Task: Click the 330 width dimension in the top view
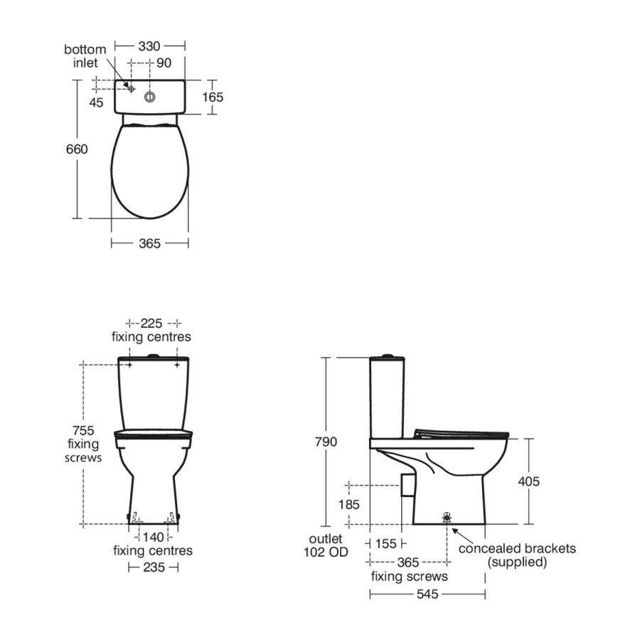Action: (x=149, y=46)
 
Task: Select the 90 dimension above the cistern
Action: (x=164, y=63)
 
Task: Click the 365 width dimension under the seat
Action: (x=149, y=243)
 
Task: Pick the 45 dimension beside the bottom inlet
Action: (x=97, y=102)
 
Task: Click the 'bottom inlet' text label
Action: (x=85, y=56)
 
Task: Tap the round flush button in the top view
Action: (x=151, y=96)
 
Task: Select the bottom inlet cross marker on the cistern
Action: (x=131, y=87)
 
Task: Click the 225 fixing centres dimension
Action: (x=151, y=322)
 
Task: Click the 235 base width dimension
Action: (x=152, y=567)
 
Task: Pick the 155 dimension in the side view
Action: (x=385, y=544)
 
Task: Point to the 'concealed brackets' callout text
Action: (x=517, y=548)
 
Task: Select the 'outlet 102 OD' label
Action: (x=327, y=545)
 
